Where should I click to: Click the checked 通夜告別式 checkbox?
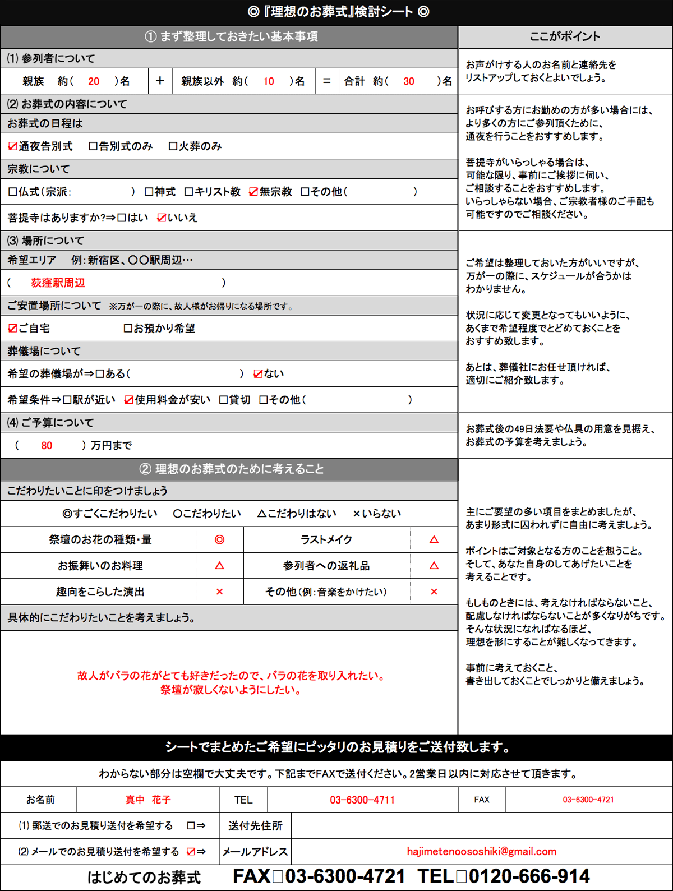coord(12,146)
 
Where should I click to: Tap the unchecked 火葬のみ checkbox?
coord(173,146)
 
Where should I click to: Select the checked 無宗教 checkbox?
coord(253,192)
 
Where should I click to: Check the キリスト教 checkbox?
coord(189,192)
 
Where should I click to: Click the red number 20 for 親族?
coord(94,81)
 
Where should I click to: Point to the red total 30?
coord(409,81)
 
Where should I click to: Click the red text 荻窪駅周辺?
coord(58,283)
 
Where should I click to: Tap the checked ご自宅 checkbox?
coord(12,329)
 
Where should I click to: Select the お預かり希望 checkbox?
coord(128,329)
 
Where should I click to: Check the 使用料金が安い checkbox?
coord(129,400)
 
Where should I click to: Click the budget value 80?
coord(47,446)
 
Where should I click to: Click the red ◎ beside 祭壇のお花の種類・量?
coord(219,539)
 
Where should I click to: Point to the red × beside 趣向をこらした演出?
coord(219,592)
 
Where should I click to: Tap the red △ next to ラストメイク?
coord(434,539)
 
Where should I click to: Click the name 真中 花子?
coord(148,800)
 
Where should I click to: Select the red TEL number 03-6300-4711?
coord(362,800)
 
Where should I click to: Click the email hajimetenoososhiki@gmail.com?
coord(482,851)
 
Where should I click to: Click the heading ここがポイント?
coord(565,37)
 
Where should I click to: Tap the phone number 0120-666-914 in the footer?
coord(529,876)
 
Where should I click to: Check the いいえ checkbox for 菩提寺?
coord(162,218)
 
